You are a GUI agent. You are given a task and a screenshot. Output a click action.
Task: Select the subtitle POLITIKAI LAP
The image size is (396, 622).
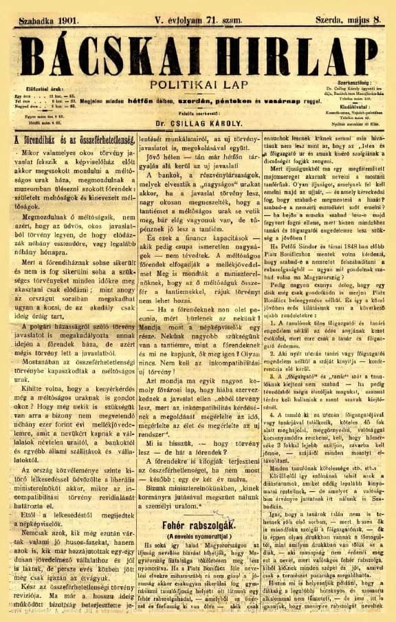pyautogui.click(x=198, y=81)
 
